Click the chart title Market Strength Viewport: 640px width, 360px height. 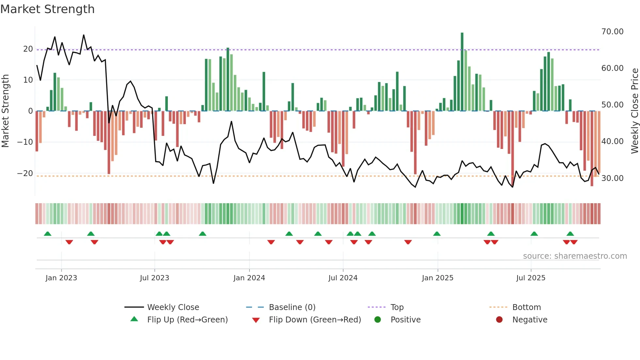tap(47, 9)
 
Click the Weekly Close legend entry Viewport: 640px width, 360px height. tap(173, 307)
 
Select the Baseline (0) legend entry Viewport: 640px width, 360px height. tap(292, 307)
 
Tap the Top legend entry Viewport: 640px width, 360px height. tap(397, 307)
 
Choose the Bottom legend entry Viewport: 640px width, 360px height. tap(526, 307)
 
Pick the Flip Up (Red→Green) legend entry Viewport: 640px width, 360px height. tap(187, 320)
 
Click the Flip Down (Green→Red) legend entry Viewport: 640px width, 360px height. tap(315, 320)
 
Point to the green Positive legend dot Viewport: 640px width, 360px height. tap(378, 320)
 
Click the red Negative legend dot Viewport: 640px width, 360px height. tap(499, 320)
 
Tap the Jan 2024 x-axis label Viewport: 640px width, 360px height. tap(249, 278)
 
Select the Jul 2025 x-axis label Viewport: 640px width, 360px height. tap(531, 278)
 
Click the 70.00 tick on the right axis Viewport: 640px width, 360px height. tap(612, 32)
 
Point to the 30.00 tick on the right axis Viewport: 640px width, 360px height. tap(612, 178)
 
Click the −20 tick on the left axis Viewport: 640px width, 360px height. tap(25, 173)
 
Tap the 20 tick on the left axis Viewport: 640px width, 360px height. tap(28, 49)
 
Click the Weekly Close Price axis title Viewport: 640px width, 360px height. tap(634, 111)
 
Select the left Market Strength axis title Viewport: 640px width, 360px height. tap(5, 111)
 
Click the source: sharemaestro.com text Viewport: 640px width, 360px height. tap(575, 256)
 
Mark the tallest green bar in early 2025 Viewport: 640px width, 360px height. tap(462, 72)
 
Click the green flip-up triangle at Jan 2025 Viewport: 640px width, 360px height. tap(437, 234)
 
